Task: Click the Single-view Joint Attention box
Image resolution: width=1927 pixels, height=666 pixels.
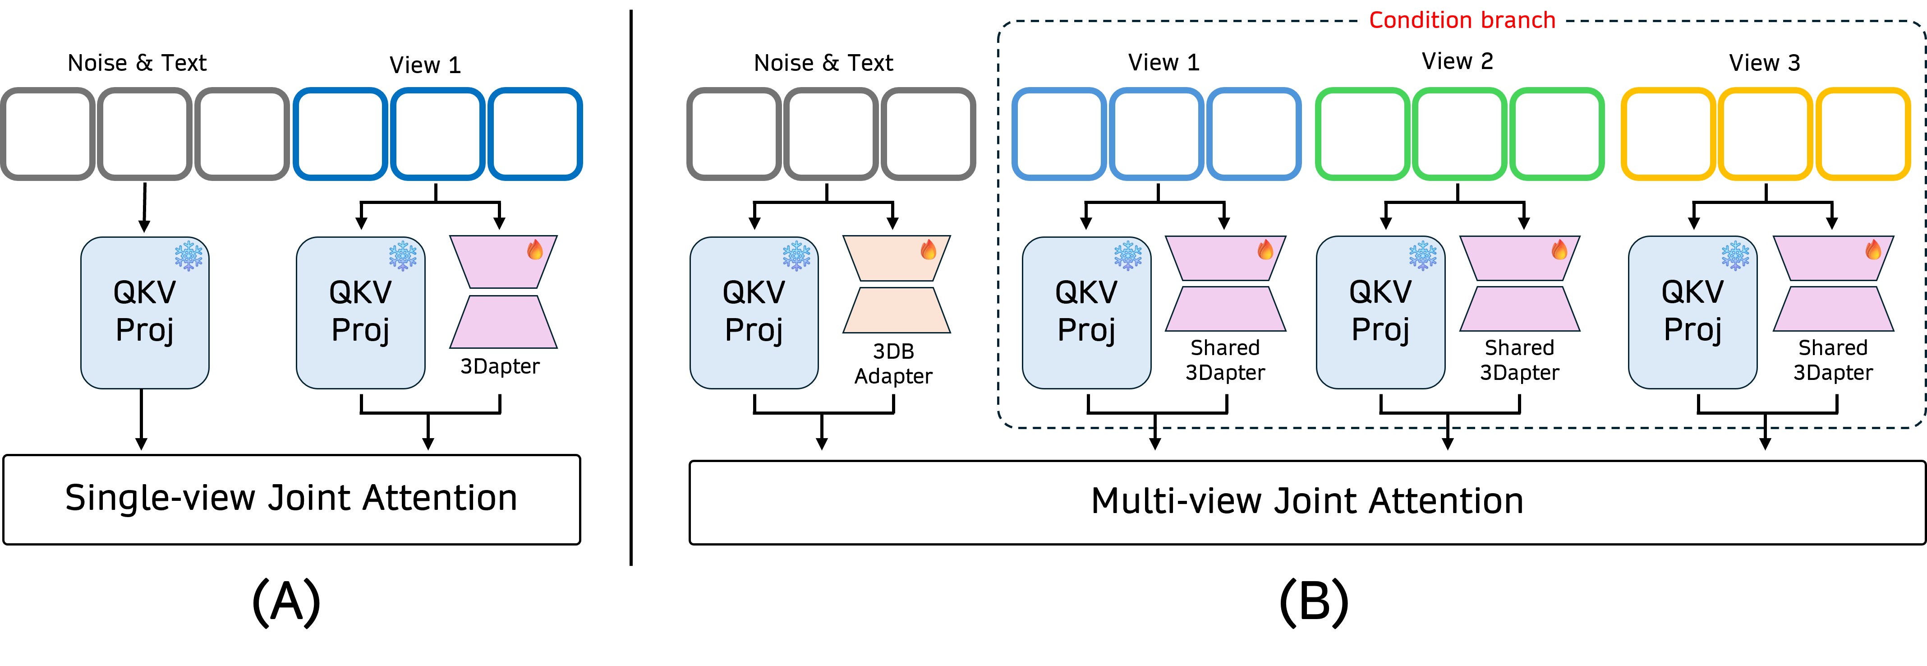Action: pyautogui.click(x=292, y=499)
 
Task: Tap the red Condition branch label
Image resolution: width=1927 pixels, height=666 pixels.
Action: pyautogui.click(x=1462, y=20)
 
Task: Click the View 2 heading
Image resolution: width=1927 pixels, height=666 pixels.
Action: pyautogui.click(x=1457, y=61)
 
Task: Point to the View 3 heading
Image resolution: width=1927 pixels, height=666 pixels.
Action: pyautogui.click(x=1764, y=63)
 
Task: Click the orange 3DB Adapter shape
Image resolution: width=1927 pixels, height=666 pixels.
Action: pyautogui.click(x=896, y=284)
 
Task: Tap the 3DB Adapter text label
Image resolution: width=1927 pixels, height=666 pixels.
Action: pyautogui.click(x=893, y=364)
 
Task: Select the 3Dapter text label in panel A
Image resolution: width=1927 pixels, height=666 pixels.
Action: pyautogui.click(x=500, y=367)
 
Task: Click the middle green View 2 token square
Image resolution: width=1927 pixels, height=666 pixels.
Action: pyautogui.click(x=1459, y=134)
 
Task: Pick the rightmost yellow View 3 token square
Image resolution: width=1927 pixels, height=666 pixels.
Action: pyautogui.click(x=1863, y=134)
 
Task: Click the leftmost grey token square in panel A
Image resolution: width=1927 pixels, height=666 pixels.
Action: pyautogui.click(x=47, y=134)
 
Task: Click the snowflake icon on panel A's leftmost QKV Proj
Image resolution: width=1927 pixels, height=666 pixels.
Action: pyautogui.click(x=189, y=255)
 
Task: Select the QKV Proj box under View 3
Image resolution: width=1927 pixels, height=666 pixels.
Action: pyautogui.click(x=1692, y=312)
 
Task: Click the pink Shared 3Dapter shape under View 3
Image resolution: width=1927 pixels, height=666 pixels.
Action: pyautogui.click(x=1833, y=284)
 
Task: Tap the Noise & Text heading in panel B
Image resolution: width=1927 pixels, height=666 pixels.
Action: pyautogui.click(x=823, y=63)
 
